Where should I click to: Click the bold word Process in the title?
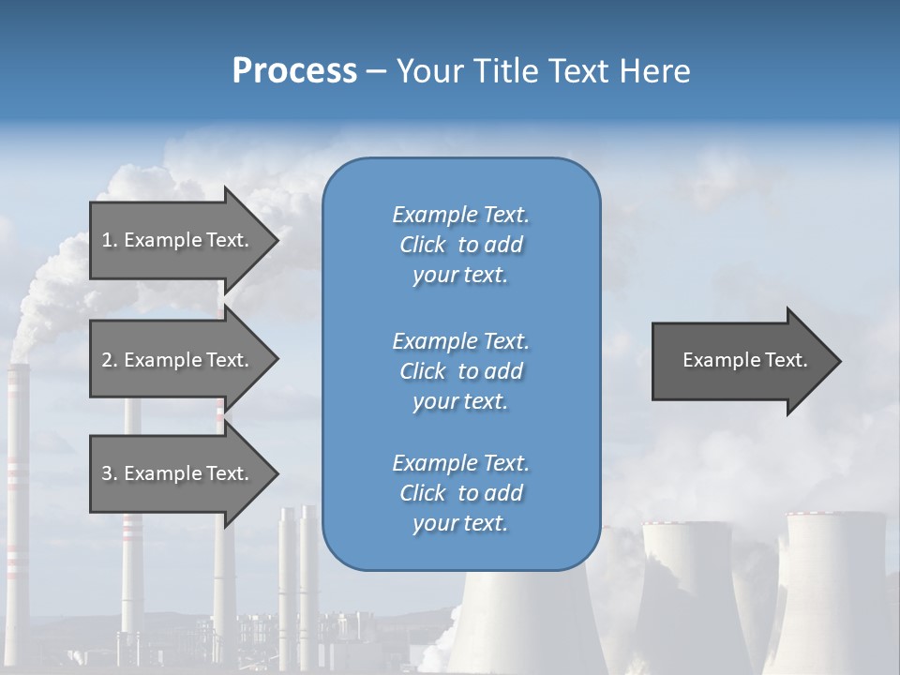coord(294,70)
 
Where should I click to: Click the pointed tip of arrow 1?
coord(276,240)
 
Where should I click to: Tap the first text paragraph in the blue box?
coord(460,245)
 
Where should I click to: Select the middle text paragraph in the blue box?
coord(460,371)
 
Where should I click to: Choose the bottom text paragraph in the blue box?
coord(460,493)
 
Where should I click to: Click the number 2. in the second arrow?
coord(110,360)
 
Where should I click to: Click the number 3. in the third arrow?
coord(110,473)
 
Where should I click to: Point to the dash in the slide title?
coord(376,71)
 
